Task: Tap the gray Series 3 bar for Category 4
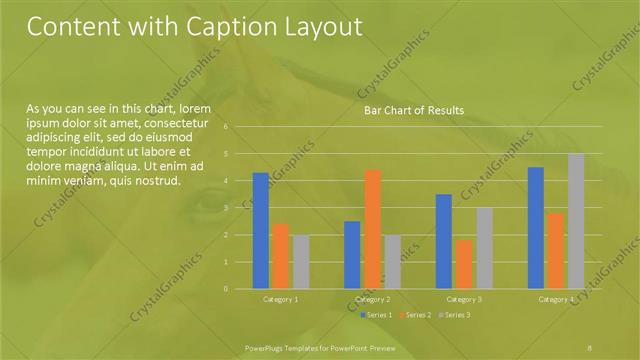(576, 221)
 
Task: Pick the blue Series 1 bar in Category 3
(444, 241)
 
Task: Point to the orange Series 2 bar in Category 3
(464, 264)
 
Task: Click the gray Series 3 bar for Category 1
(301, 262)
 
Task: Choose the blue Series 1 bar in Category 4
(536, 228)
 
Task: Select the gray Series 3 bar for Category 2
(392, 262)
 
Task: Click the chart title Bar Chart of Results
(413, 110)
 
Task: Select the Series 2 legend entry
(415, 315)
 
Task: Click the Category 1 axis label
(281, 299)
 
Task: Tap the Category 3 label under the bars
(464, 299)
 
